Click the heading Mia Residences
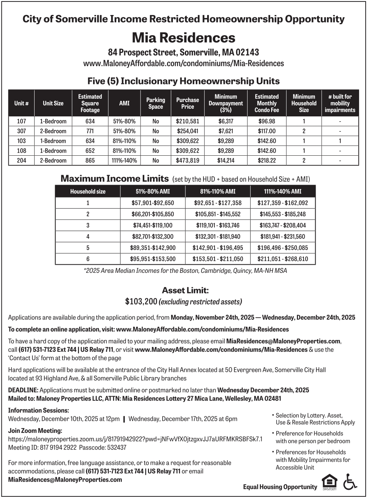coord(184,38)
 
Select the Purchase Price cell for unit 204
coord(187,160)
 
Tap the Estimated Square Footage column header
coord(90,103)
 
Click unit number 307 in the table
coord(21,131)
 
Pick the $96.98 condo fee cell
coord(266,121)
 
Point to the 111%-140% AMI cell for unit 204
coord(124,160)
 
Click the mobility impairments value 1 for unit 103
coord(340,141)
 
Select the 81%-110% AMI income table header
coord(217,191)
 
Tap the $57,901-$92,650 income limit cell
coord(153,203)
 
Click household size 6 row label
coord(88,259)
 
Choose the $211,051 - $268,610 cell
coord(283,259)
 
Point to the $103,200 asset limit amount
coord(141,302)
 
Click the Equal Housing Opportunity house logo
coord(329,482)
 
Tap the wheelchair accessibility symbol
coord(350,482)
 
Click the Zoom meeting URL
coord(135,439)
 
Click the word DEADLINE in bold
coord(23,390)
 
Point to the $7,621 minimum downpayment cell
coord(226,131)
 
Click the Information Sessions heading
coord(38,411)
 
